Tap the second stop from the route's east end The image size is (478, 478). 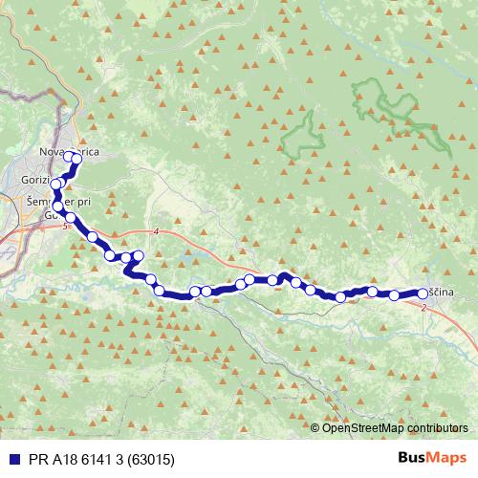coord(395,295)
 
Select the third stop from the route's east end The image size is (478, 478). coord(372,291)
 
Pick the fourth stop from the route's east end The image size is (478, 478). coord(341,297)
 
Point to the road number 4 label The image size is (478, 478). coord(154,232)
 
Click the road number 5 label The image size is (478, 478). coord(64,227)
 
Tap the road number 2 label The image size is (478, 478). coord(423,307)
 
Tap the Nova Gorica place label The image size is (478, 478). coord(69,151)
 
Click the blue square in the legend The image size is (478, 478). coord(11,458)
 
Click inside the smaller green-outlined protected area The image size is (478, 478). coord(304,136)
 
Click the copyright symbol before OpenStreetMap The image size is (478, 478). coord(316,427)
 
